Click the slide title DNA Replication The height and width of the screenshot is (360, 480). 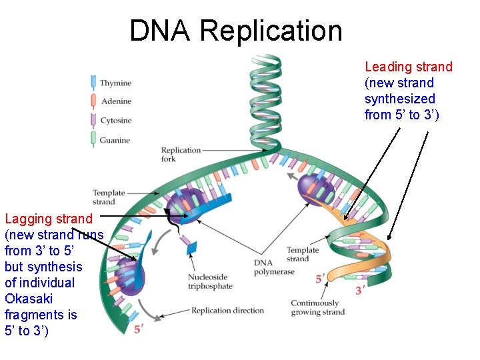(x=235, y=31)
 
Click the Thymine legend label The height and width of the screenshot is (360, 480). (x=115, y=83)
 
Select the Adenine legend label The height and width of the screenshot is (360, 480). (x=115, y=101)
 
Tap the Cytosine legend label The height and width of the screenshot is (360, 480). (x=115, y=121)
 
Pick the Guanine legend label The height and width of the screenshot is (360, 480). (x=115, y=140)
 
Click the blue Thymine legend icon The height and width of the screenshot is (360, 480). (x=93, y=83)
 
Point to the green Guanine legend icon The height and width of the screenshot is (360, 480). (x=93, y=139)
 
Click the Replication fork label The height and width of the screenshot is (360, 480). (x=181, y=155)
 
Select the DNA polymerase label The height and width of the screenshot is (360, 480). (x=274, y=267)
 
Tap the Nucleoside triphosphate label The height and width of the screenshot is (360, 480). (x=210, y=281)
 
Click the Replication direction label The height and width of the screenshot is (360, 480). (x=227, y=311)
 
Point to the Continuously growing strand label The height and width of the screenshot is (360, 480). (x=317, y=307)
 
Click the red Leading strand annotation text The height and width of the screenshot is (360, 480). (x=408, y=91)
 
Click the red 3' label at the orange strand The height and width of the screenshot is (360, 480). (x=360, y=291)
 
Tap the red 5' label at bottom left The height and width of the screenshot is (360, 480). (x=139, y=329)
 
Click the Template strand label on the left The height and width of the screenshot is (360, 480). (x=104, y=197)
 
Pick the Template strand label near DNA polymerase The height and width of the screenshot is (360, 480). (x=302, y=254)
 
